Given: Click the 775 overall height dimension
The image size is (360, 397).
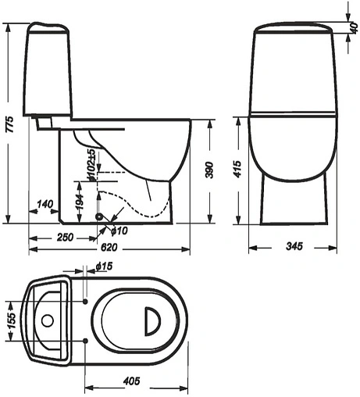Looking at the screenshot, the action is [9, 124].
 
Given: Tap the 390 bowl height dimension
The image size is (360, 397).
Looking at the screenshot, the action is [209, 170].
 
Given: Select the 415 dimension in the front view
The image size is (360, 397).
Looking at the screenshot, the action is [237, 169].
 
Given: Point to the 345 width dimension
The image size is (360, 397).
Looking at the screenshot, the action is [294, 246].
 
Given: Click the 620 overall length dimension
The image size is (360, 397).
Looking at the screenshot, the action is [109, 247].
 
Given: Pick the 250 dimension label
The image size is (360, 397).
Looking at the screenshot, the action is [65, 238].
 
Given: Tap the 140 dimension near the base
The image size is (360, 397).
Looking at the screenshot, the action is [45, 204].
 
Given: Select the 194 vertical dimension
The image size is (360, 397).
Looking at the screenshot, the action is [80, 202].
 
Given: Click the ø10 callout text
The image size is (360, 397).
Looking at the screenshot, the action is [119, 231].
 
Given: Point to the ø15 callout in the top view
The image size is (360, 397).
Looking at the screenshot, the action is [104, 266].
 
